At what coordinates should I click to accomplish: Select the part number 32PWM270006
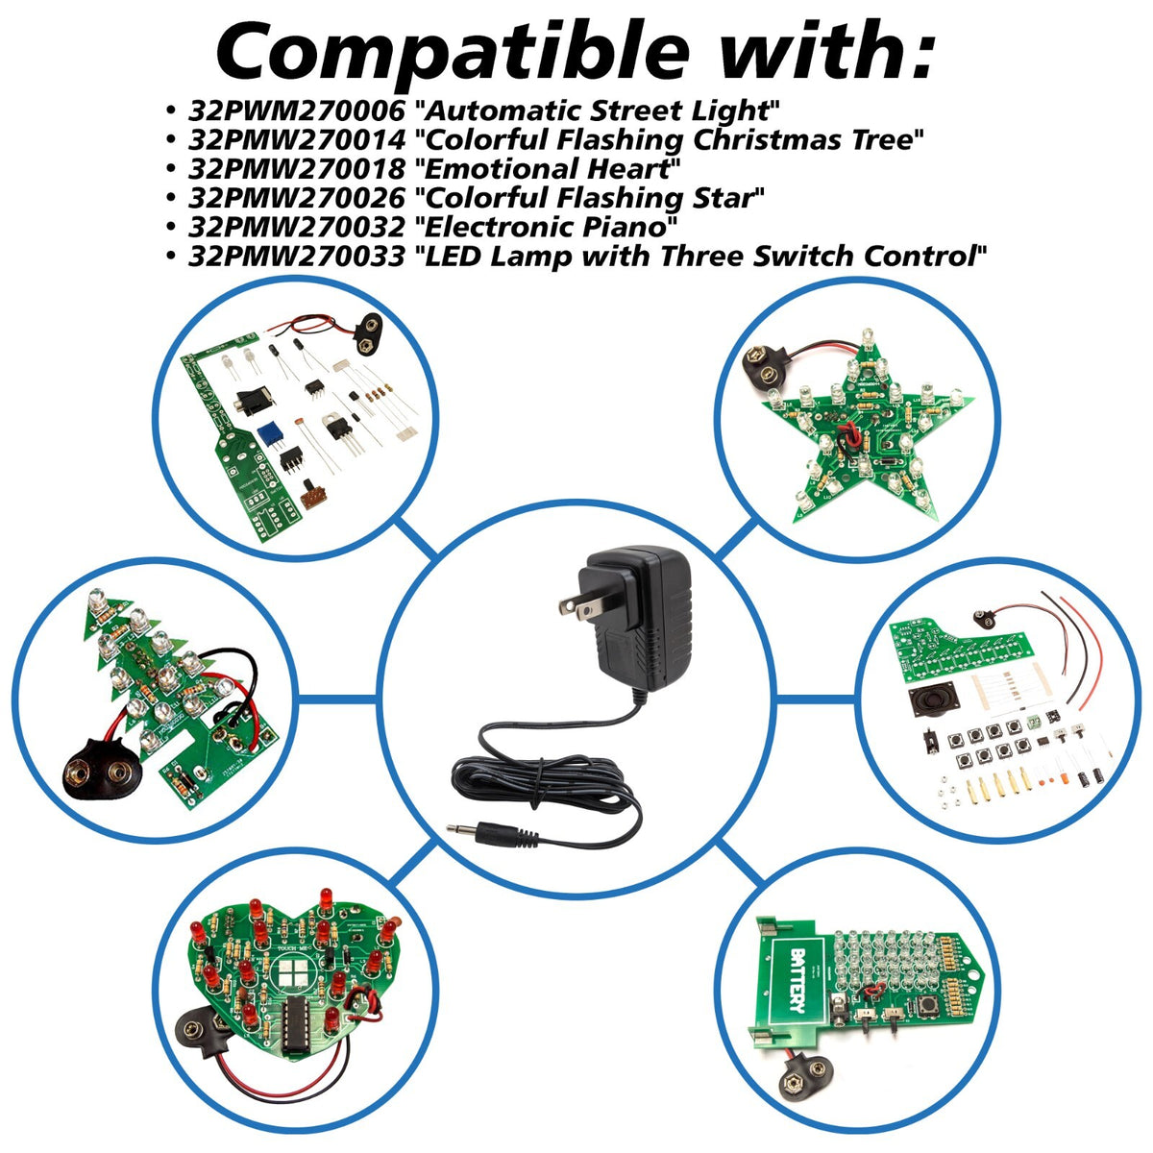[297, 110]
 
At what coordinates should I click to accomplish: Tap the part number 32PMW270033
[297, 257]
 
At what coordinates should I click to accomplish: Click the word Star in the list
[727, 198]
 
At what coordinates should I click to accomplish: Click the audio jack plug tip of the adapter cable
[462, 828]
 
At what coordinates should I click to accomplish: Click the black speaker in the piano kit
[934, 701]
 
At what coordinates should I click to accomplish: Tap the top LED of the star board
[867, 338]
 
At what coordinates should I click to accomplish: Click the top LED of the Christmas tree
[96, 600]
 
